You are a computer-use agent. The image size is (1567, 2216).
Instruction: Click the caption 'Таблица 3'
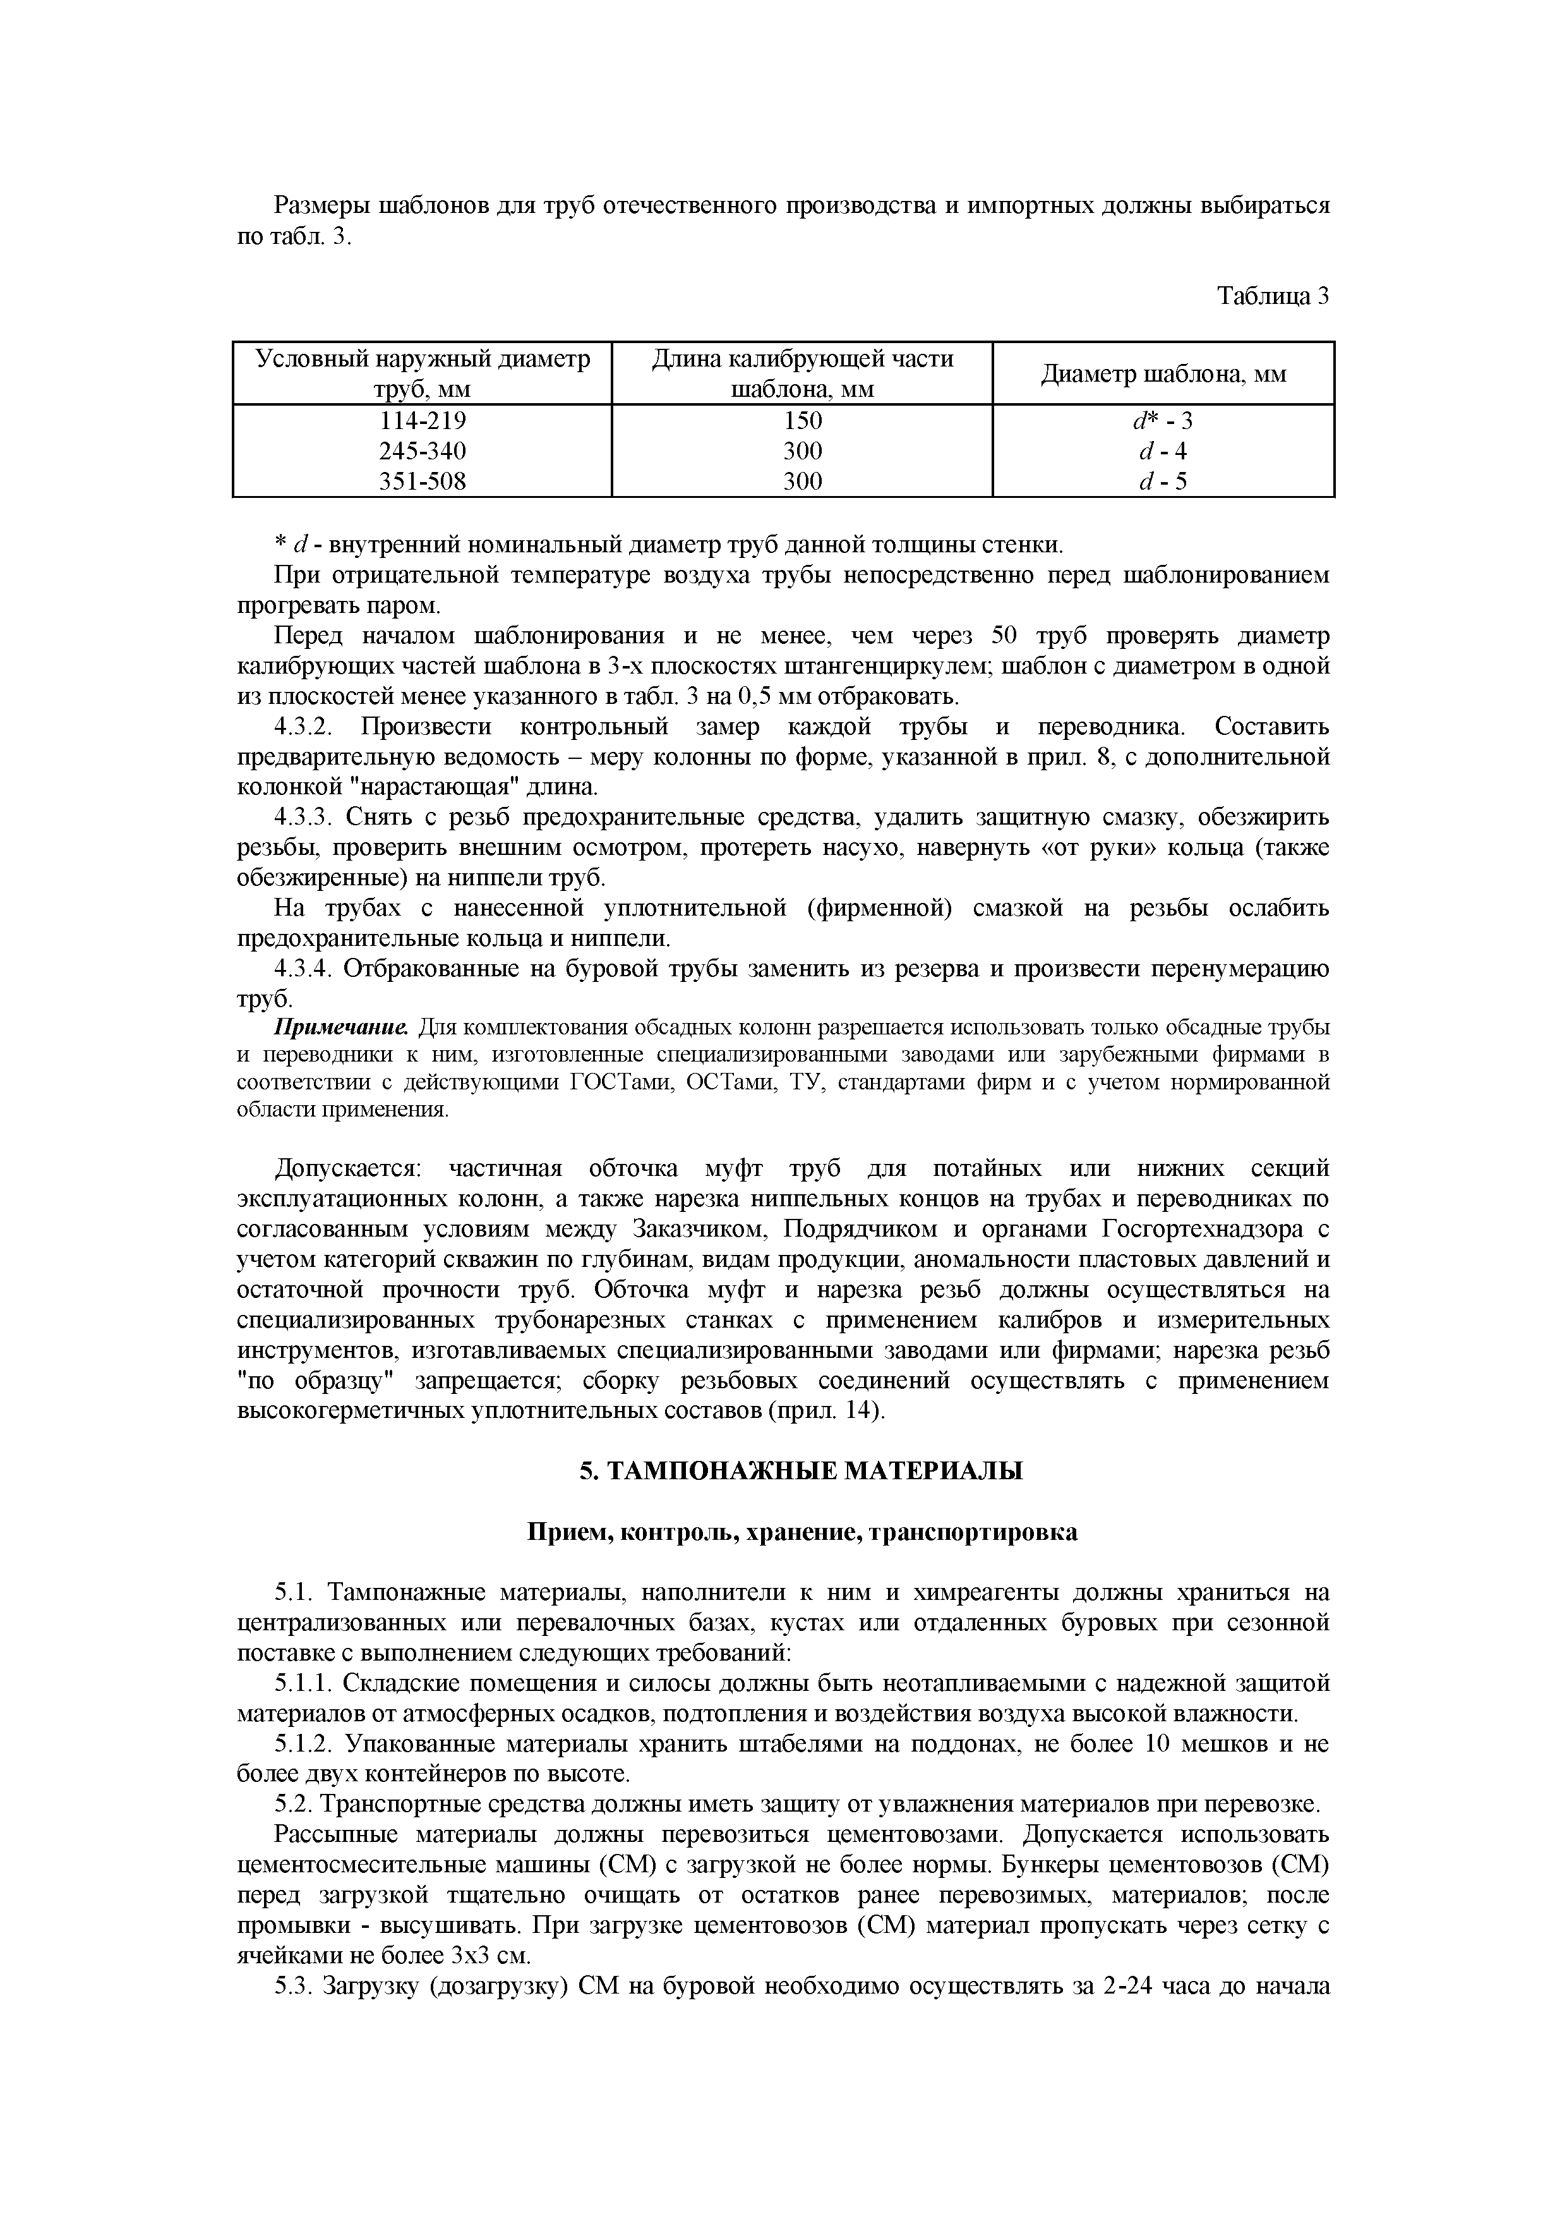(x=1273, y=296)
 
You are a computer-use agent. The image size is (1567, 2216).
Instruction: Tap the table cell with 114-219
(x=422, y=421)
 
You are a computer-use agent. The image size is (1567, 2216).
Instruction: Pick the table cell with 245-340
(x=422, y=451)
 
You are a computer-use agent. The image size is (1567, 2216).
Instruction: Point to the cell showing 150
(x=802, y=421)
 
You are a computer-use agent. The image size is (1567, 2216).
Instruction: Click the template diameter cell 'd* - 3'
(x=1163, y=421)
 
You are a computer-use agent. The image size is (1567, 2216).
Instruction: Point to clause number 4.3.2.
(x=303, y=726)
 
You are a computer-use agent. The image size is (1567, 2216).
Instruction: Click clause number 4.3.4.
(x=303, y=969)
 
